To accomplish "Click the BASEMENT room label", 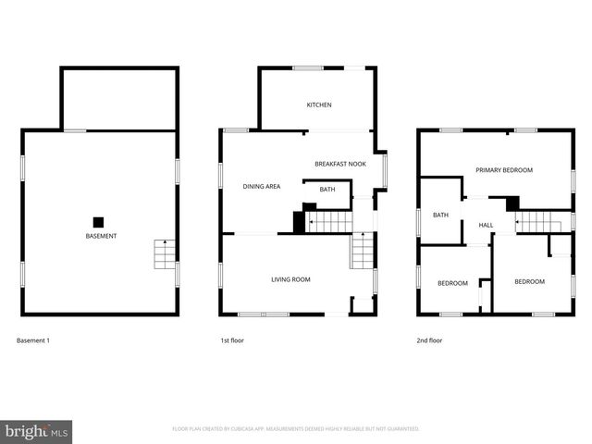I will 102,237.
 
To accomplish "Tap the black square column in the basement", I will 98,221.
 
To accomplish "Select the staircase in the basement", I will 164,253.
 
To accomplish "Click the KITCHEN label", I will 319,105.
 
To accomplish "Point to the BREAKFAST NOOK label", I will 340,164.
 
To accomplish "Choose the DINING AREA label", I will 262,187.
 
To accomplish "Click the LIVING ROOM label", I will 290,279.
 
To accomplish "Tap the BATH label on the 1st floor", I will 327,190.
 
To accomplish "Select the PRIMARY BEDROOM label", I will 504,170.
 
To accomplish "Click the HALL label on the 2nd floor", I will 486,225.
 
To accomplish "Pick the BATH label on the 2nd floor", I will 440,216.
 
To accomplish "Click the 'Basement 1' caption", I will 33,340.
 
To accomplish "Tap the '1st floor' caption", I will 231,340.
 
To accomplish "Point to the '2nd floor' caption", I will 429,340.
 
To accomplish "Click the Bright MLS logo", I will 37,431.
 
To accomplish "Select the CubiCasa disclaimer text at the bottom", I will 296,429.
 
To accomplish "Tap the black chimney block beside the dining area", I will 299,223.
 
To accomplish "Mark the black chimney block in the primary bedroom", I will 512,203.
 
